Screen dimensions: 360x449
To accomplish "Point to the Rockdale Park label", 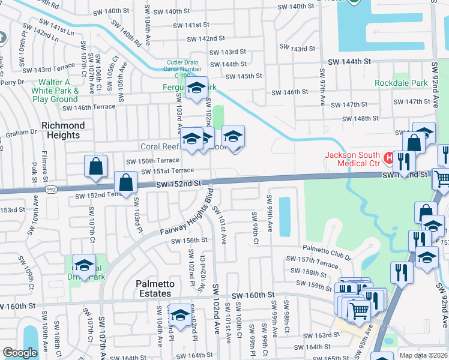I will point(401,83).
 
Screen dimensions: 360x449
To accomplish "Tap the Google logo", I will point(19,353).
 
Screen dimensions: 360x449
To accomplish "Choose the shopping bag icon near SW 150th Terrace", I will point(96,166).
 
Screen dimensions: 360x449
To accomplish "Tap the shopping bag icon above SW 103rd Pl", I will point(126,182).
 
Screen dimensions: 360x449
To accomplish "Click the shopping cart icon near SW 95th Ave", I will point(359,310).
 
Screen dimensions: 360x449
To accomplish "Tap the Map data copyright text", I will point(424,355).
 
